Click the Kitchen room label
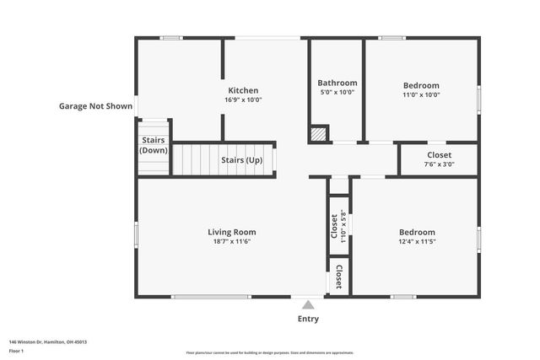click(243, 90)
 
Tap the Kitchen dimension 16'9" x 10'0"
click(243, 99)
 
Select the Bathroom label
click(337, 83)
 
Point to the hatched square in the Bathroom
click(318, 133)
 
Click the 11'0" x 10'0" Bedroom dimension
click(420, 94)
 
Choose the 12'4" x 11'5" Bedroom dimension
click(417, 241)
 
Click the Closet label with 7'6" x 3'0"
click(439, 155)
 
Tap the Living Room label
click(231, 232)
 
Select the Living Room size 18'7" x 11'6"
click(231, 241)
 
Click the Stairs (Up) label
click(241, 159)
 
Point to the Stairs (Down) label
click(154, 145)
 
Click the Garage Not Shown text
click(95, 106)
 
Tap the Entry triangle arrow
click(308, 305)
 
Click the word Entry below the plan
click(308, 319)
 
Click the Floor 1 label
click(17, 350)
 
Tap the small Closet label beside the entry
click(338, 277)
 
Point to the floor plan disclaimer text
click(270, 352)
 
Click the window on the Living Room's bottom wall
click(211, 296)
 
